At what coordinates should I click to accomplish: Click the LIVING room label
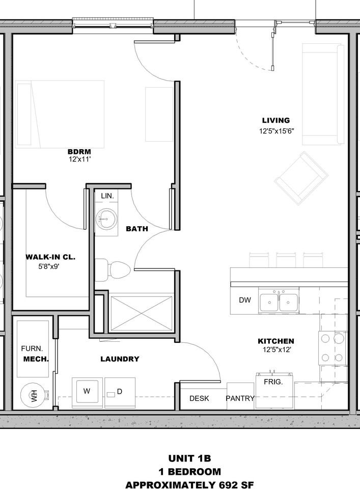click(x=276, y=120)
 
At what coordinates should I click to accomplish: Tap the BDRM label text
click(x=79, y=152)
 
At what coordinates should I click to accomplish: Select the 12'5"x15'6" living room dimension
click(x=276, y=131)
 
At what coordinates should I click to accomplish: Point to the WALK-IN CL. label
click(x=50, y=257)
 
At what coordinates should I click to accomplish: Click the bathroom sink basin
click(x=106, y=219)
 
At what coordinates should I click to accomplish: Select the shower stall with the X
click(x=142, y=313)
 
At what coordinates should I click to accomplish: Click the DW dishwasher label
click(x=245, y=300)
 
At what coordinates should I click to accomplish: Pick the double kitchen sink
click(x=279, y=301)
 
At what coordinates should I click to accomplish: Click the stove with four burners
click(x=333, y=348)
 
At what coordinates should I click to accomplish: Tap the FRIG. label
click(x=273, y=382)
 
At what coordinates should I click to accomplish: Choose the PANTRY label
click(x=240, y=398)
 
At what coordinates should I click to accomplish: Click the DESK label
click(x=199, y=398)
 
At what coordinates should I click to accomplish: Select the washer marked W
click(x=87, y=392)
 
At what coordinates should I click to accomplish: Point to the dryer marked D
click(x=120, y=392)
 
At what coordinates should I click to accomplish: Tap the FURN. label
click(x=32, y=348)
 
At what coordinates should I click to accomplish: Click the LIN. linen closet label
click(x=107, y=196)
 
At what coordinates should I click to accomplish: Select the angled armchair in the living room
click(x=301, y=178)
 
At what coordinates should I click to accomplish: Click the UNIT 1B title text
click(x=189, y=458)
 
